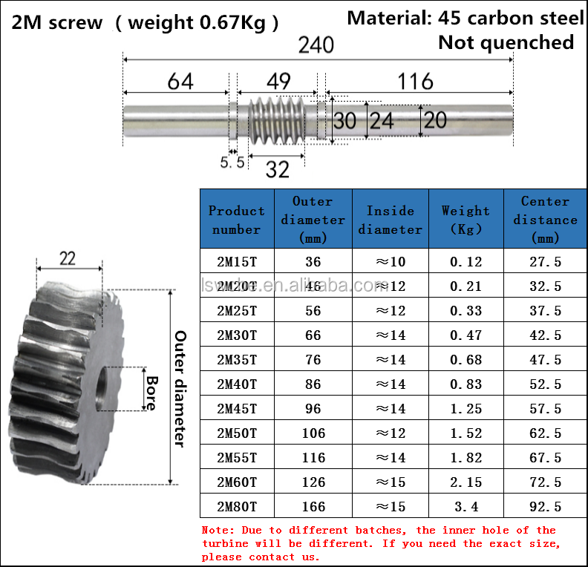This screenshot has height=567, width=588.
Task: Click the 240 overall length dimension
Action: [316, 45]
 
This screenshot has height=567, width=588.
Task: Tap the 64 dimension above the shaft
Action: [180, 82]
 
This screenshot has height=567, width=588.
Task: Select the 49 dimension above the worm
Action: [278, 81]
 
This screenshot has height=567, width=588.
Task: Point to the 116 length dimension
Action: [415, 82]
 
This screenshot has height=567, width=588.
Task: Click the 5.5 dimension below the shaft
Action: [232, 163]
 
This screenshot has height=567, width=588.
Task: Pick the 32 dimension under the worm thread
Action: [278, 170]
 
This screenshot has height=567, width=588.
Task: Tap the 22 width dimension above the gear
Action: [68, 258]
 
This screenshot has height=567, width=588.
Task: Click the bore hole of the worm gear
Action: [101, 389]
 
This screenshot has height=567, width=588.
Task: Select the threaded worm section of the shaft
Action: [277, 120]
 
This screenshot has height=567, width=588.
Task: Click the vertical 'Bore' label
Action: [152, 393]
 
